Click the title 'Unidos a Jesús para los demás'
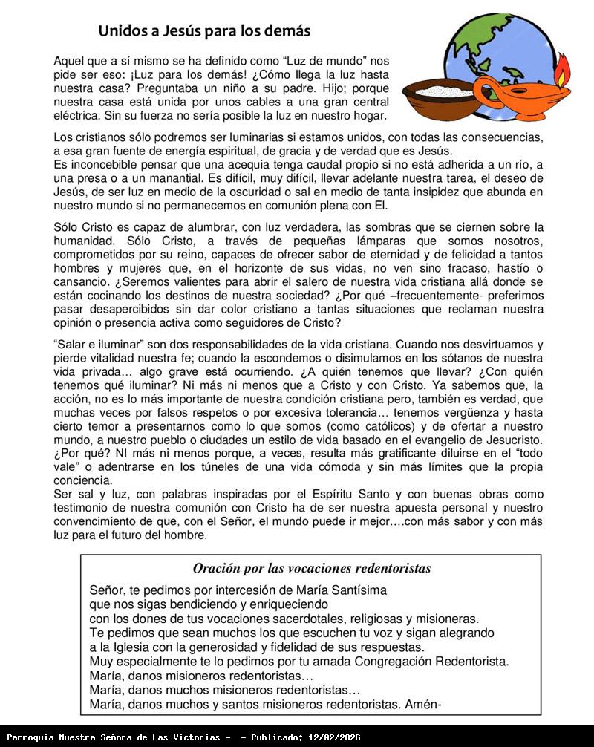tap(204, 31)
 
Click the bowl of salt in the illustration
tap(438, 93)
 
